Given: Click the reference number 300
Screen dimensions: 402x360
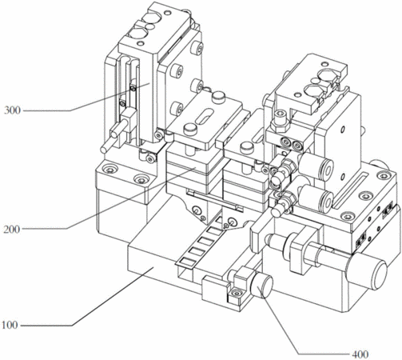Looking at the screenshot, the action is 12,110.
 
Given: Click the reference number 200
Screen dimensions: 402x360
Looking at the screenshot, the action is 12,229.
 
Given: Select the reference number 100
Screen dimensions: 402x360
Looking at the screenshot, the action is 10,326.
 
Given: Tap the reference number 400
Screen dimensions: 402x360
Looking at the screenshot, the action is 360,354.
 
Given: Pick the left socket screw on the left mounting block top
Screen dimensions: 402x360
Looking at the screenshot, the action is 109,170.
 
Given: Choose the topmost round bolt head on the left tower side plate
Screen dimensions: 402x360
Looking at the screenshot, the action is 197,48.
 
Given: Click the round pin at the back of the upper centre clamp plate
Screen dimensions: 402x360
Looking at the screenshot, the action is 219,96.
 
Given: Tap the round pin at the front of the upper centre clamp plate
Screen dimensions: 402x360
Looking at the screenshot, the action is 190,129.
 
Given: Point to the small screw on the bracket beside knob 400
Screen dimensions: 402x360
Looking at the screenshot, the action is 236,294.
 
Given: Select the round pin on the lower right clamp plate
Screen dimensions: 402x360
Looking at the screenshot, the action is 247,147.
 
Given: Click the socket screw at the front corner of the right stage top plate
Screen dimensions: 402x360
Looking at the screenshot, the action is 347,217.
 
